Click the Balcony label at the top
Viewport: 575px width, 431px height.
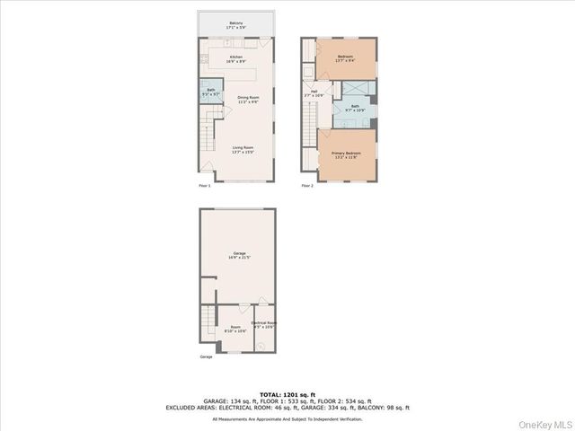(236, 25)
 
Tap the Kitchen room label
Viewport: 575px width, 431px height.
(236, 59)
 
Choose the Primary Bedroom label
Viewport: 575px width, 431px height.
(346, 154)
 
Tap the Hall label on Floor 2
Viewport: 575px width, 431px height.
(315, 92)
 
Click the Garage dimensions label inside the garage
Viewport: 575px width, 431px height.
(240, 256)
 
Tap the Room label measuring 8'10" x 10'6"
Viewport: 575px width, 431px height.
(235, 329)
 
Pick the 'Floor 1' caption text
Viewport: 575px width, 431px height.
(204, 186)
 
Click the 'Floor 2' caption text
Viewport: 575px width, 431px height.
(307, 186)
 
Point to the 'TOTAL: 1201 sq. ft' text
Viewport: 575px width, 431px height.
(287, 394)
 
